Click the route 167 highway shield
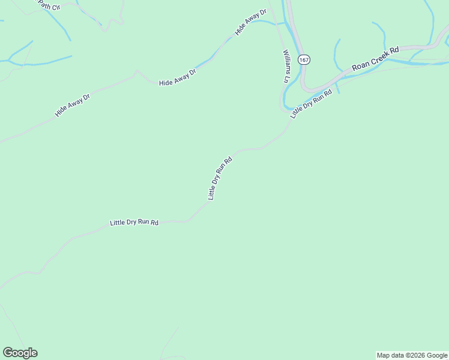[305, 60]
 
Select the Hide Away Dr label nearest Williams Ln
[250, 23]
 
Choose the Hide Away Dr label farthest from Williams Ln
[72, 105]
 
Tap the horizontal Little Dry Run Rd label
[134, 223]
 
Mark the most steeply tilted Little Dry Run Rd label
[220, 178]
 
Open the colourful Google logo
[20, 353]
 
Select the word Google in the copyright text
[438, 355]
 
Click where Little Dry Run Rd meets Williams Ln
[287, 111]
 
